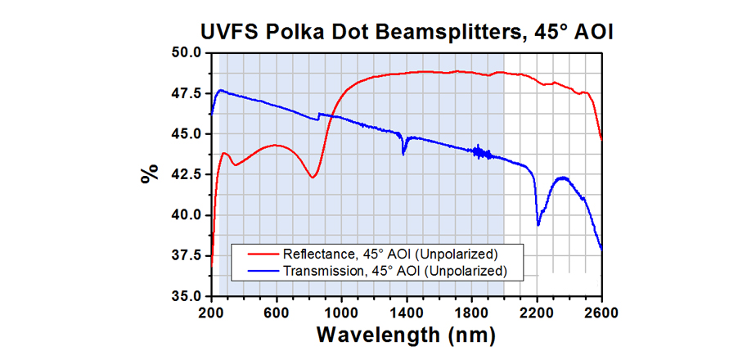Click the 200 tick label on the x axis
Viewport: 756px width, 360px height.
click(x=211, y=312)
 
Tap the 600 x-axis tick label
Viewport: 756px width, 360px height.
click(x=277, y=312)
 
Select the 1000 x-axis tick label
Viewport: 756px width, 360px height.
click(x=341, y=312)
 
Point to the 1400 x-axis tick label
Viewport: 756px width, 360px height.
click(x=407, y=312)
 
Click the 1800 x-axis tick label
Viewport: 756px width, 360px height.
click(x=471, y=312)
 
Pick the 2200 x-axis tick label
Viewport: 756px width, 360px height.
click(x=537, y=312)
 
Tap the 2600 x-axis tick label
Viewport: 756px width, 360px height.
click(x=601, y=312)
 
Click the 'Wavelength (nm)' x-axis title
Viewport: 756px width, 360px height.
click(x=406, y=335)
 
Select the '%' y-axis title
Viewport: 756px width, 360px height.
click(x=149, y=174)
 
